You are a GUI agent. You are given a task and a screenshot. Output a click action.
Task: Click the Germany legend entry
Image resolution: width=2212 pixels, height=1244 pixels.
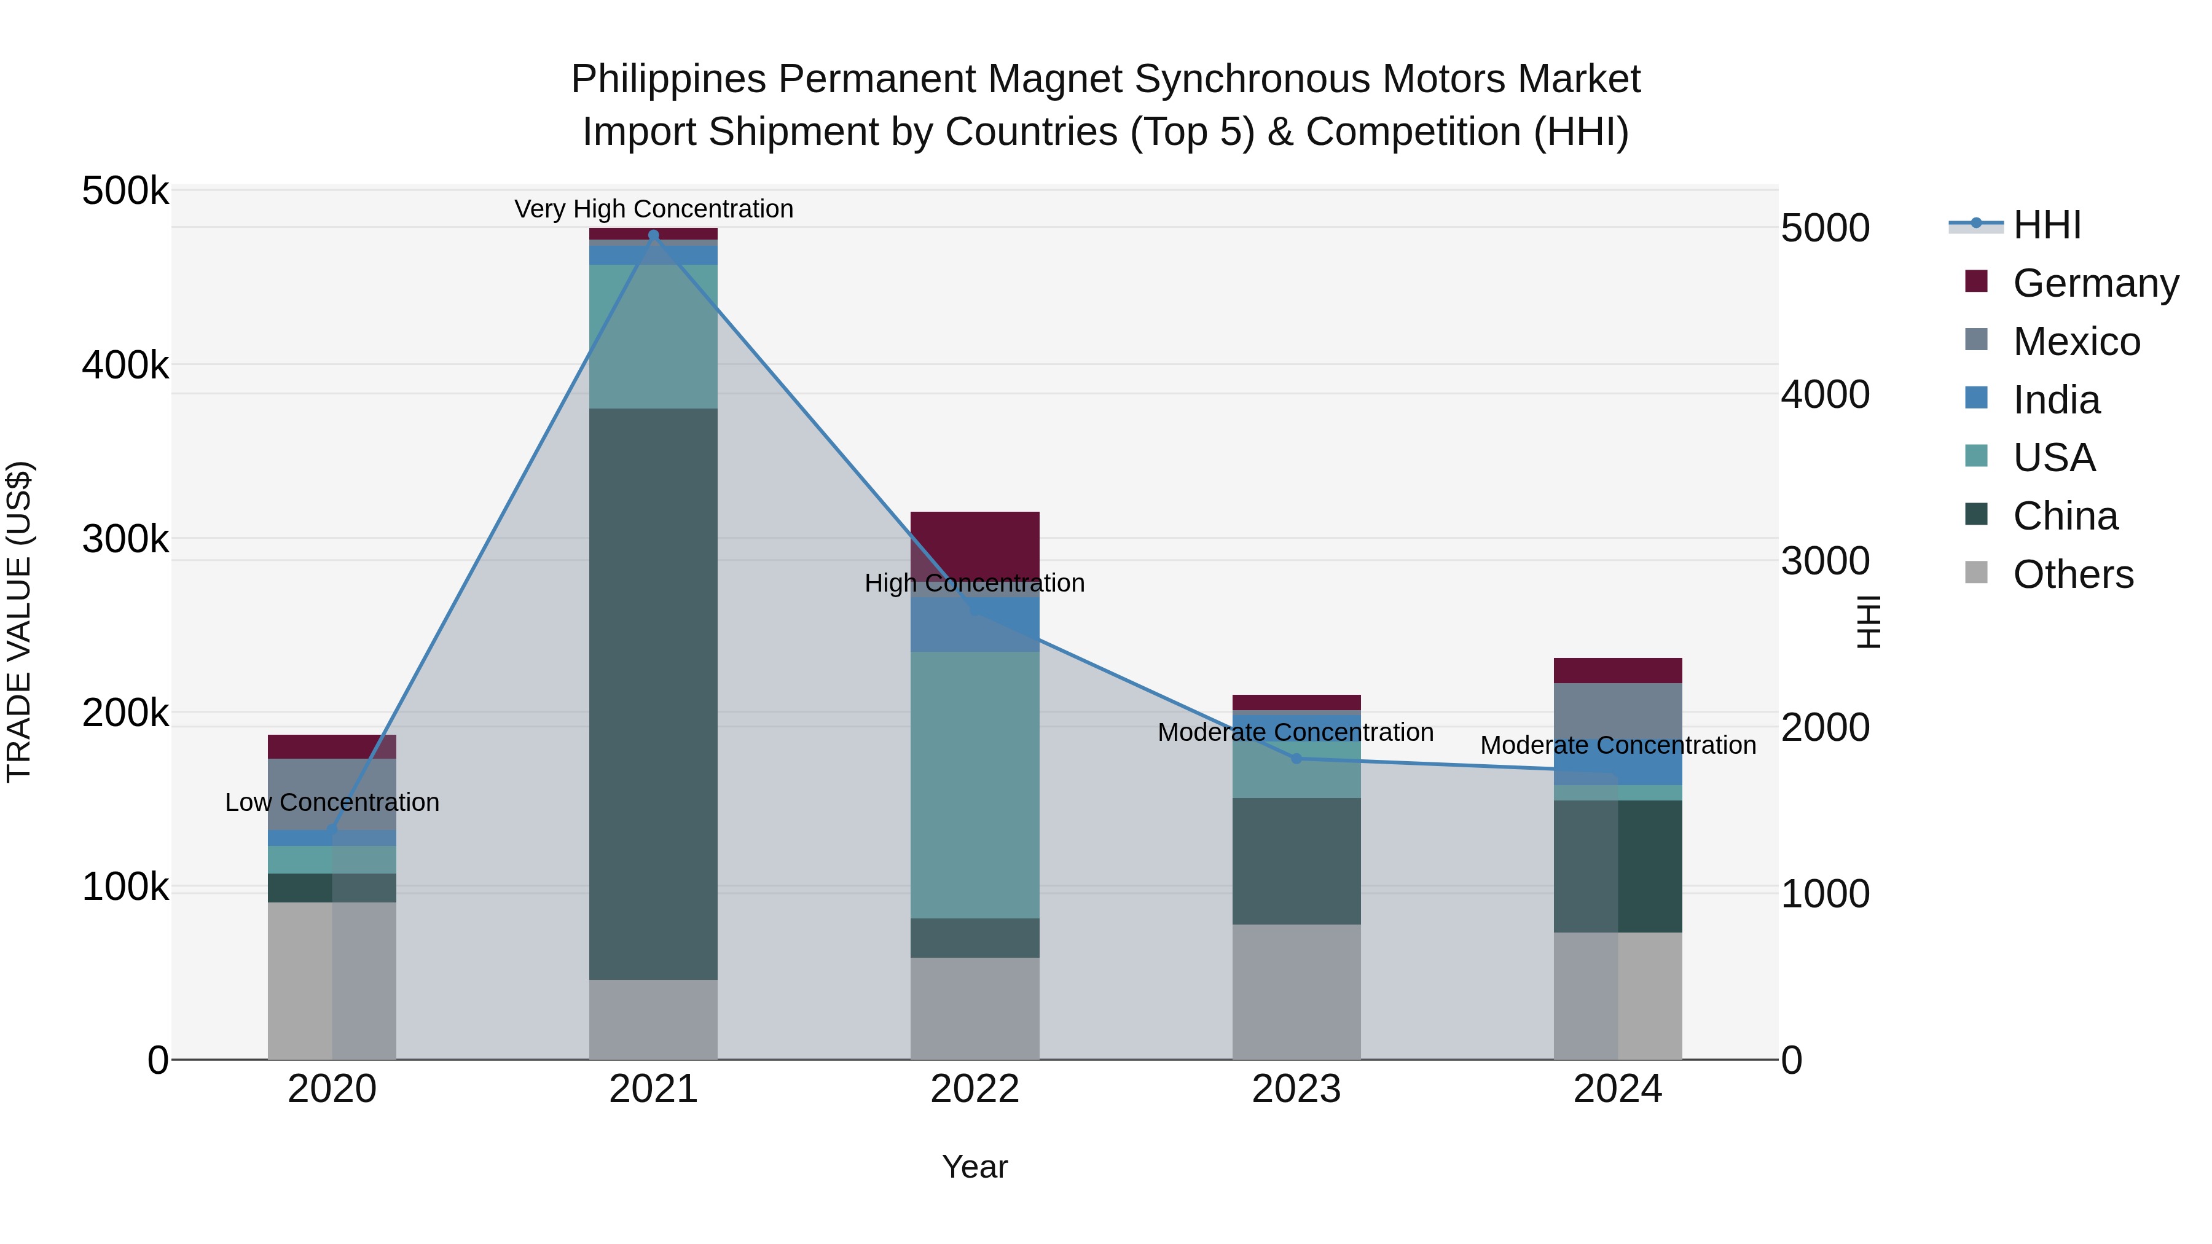2095,283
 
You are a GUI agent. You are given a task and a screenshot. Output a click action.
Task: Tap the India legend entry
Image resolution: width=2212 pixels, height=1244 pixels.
2056,400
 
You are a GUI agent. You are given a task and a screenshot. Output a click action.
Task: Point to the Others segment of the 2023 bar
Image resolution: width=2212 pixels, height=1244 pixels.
1296,992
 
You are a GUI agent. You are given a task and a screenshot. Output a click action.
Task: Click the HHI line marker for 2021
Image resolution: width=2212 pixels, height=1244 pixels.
654,235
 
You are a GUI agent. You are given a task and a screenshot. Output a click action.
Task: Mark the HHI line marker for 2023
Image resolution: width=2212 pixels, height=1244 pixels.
1296,758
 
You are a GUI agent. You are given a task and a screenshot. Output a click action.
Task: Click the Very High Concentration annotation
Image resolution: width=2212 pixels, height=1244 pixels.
654,209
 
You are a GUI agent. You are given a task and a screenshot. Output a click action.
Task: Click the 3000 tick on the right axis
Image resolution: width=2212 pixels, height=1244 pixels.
1825,561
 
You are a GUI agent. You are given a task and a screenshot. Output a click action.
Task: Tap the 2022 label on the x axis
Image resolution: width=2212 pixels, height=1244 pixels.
975,1089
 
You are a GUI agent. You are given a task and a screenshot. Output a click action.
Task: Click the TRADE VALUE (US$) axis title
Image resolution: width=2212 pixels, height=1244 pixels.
20,622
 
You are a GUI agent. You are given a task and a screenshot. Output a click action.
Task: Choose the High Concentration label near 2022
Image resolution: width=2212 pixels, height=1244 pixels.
975,584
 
